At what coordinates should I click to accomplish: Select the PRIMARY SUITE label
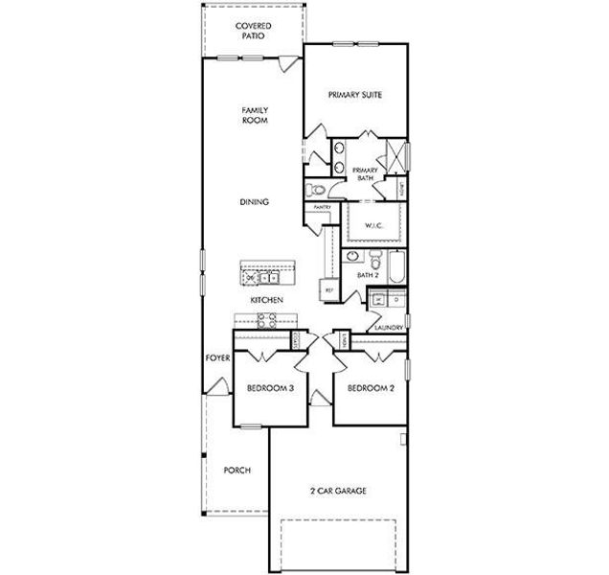tap(355, 95)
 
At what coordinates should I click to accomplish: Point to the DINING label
tap(254, 202)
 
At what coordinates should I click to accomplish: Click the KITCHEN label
tap(264, 300)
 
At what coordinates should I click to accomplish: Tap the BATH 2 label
tap(369, 276)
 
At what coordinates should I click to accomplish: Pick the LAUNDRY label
tap(388, 327)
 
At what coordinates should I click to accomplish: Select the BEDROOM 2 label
tap(371, 388)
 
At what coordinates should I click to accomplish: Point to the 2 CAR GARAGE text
tap(337, 491)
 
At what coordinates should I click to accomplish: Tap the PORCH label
tap(237, 471)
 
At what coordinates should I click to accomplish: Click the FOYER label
tap(216, 358)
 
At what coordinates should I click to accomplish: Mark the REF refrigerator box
tap(329, 289)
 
